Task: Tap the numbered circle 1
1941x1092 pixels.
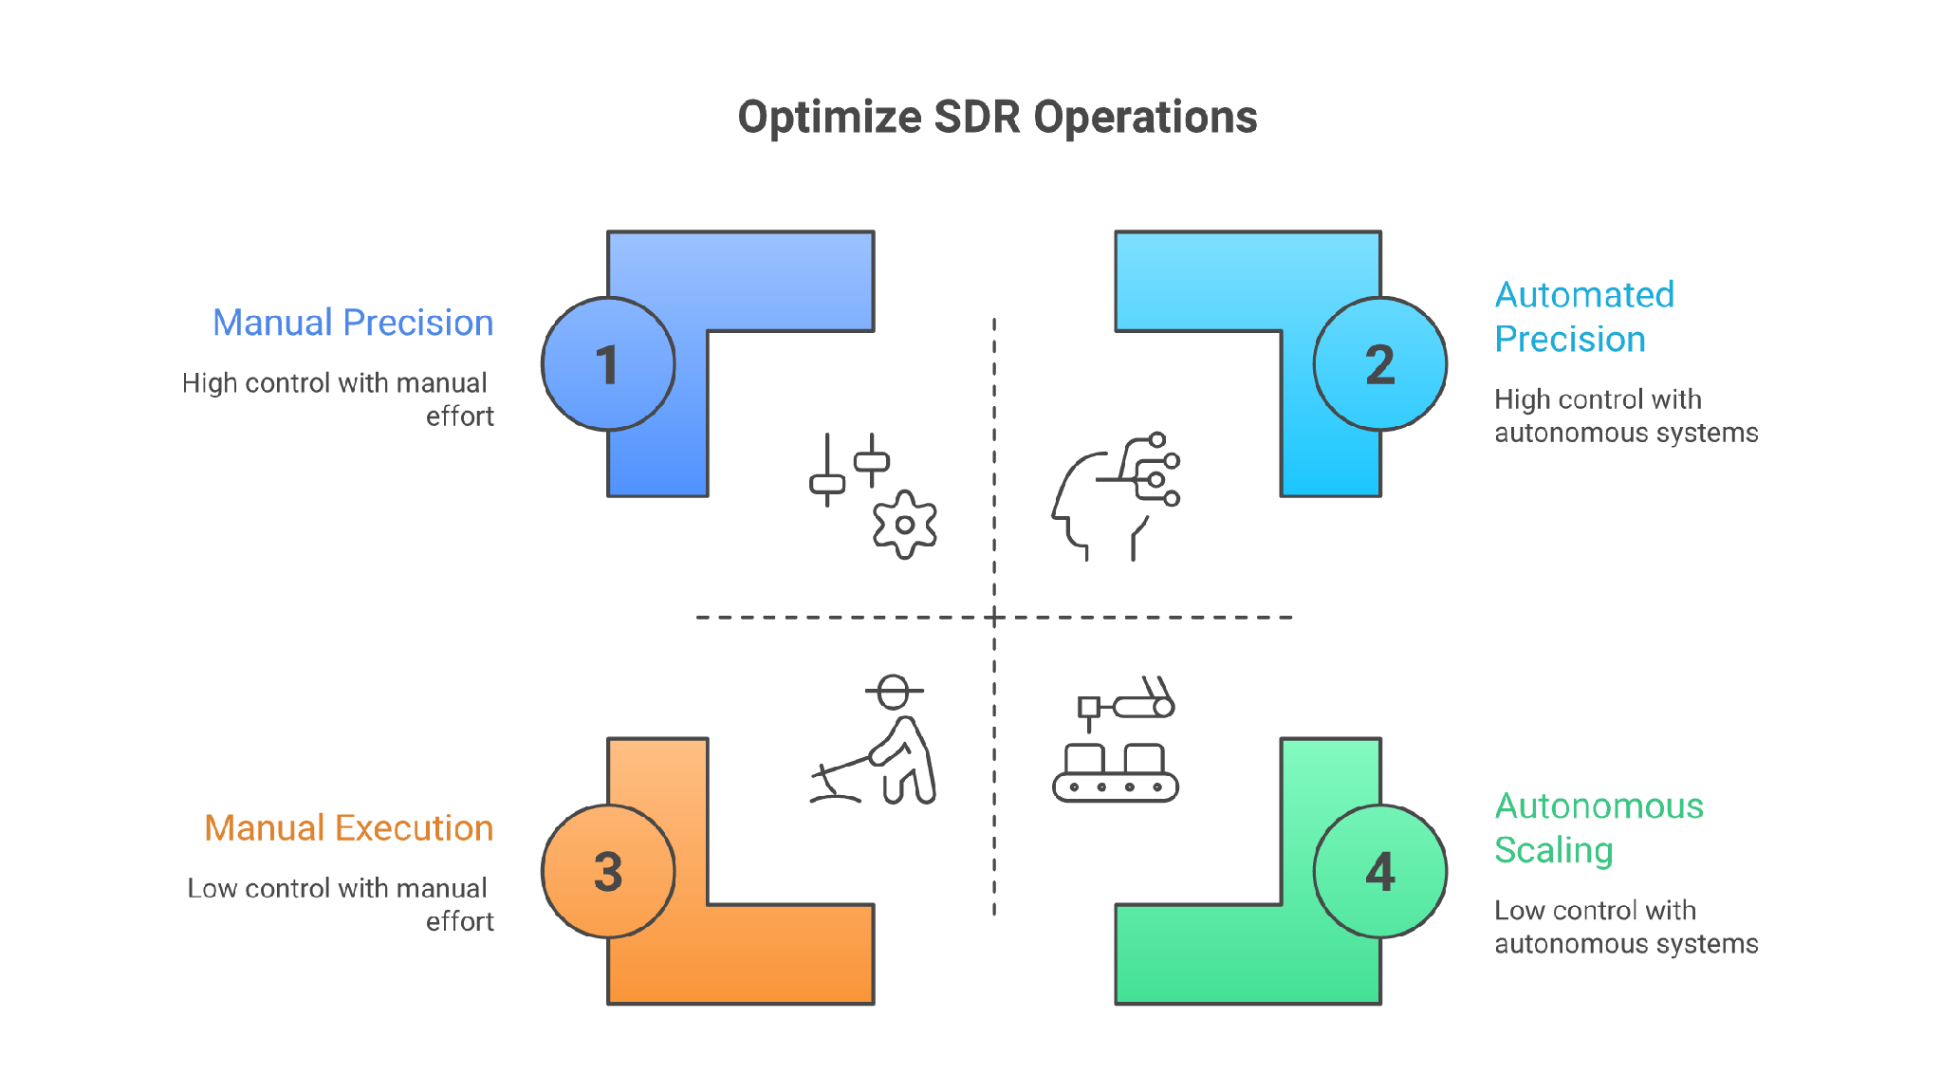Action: (x=608, y=364)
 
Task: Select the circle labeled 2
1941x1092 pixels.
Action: (x=1380, y=364)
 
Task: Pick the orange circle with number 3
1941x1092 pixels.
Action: (x=608, y=871)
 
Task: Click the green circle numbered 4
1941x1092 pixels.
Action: (x=1380, y=871)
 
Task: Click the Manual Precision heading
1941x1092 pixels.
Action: (x=353, y=323)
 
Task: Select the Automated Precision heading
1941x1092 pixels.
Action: (x=1584, y=317)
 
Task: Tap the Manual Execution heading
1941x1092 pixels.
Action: (x=349, y=828)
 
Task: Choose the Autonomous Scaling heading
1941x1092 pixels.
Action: (x=1599, y=828)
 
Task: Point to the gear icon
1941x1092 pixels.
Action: (x=905, y=525)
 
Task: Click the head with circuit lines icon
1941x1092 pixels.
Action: (x=1116, y=496)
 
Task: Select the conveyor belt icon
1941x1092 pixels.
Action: (x=1116, y=773)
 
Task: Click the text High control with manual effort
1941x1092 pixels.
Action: (x=338, y=399)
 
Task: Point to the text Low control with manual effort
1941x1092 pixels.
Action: (x=341, y=904)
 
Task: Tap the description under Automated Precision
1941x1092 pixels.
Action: (x=1626, y=416)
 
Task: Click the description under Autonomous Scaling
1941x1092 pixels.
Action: (x=1626, y=927)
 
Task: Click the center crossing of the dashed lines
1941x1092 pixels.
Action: (x=994, y=618)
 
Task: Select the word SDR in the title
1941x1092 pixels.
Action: (x=977, y=118)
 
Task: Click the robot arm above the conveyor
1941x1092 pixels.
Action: (x=1127, y=703)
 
